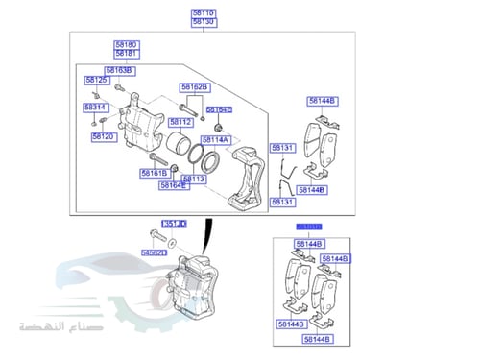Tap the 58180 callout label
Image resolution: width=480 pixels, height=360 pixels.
pyautogui.click(x=126, y=45)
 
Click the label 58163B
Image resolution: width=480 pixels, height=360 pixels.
pyautogui.click(x=119, y=71)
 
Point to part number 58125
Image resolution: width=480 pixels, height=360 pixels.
pyautogui.click(x=96, y=81)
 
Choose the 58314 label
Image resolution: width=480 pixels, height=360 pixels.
pyautogui.click(x=95, y=107)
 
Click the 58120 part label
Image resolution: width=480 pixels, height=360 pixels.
pyautogui.click(x=103, y=136)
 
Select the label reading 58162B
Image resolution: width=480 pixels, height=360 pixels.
pyautogui.click(x=194, y=87)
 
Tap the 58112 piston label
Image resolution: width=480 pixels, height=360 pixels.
pyautogui.click(x=180, y=122)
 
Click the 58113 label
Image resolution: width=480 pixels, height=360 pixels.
pyautogui.click(x=194, y=179)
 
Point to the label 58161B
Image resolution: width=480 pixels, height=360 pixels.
pyautogui.click(x=154, y=173)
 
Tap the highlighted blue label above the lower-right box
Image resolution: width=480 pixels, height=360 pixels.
pyautogui.click(x=308, y=227)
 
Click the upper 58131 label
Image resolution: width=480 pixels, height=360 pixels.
pyautogui.click(x=281, y=148)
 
